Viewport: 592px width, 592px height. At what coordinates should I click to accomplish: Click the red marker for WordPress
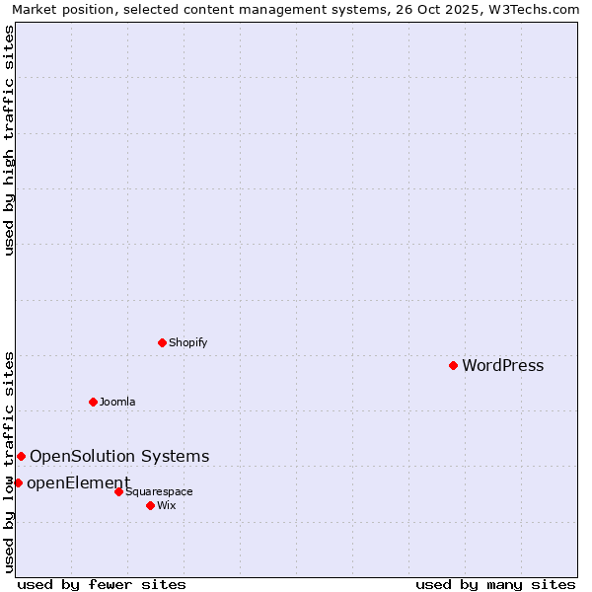(x=453, y=365)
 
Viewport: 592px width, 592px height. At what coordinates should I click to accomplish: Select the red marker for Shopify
(x=162, y=342)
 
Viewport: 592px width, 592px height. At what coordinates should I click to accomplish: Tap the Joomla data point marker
(x=93, y=402)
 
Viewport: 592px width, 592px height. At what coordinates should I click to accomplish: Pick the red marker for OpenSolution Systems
(x=21, y=456)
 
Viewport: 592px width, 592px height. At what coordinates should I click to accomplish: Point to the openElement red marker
(x=18, y=482)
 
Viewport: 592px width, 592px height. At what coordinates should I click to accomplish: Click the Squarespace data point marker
(x=118, y=491)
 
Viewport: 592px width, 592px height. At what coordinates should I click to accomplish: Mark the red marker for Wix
(x=150, y=505)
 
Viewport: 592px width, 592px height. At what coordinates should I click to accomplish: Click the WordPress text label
(x=502, y=366)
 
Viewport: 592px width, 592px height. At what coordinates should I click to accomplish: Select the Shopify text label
(x=187, y=343)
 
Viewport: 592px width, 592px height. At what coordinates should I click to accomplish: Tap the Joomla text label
(x=117, y=403)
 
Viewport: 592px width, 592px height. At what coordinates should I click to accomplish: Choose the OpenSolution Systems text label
(x=119, y=456)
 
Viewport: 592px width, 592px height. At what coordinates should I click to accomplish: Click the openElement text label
(x=78, y=482)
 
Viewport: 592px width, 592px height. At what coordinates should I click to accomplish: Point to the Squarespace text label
(x=159, y=491)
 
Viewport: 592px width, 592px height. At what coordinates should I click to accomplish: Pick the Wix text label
(x=166, y=505)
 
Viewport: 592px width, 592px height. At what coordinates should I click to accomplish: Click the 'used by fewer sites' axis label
(x=102, y=584)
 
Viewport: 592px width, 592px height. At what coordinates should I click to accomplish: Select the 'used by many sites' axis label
(x=495, y=584)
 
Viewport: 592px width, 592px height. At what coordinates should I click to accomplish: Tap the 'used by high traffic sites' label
(x=10, y=140)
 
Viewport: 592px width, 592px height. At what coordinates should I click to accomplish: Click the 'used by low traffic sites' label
(x=10, y=462)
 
